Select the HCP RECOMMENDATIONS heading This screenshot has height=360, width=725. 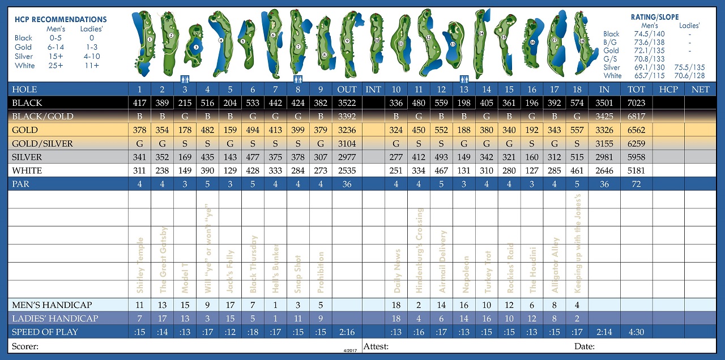[x=61, y=20]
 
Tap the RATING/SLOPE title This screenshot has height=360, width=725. [x=655, y=18]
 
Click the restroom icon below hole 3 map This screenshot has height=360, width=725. [x=185, y=79]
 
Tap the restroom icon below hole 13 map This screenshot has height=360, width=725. [x=464, y=79]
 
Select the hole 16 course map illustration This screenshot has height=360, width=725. [x=532, y=41]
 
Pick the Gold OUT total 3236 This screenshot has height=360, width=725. [x=347, y=130]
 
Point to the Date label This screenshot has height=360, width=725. [x=584, y=346]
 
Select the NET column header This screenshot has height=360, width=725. [x=700, y=89]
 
